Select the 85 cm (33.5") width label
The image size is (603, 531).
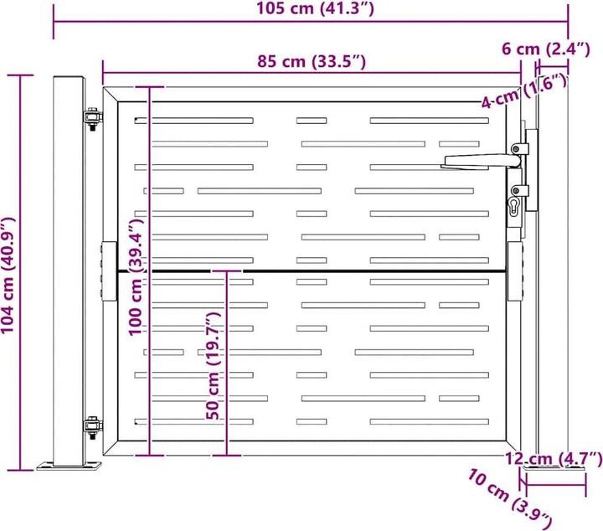(311, 61)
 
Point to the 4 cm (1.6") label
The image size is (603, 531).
(524, 92)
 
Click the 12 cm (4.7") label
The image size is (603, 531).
(554, 458)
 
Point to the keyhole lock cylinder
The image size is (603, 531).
(513, 204)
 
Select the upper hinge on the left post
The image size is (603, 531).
(91, 121)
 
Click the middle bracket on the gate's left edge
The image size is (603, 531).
(107, 271)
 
